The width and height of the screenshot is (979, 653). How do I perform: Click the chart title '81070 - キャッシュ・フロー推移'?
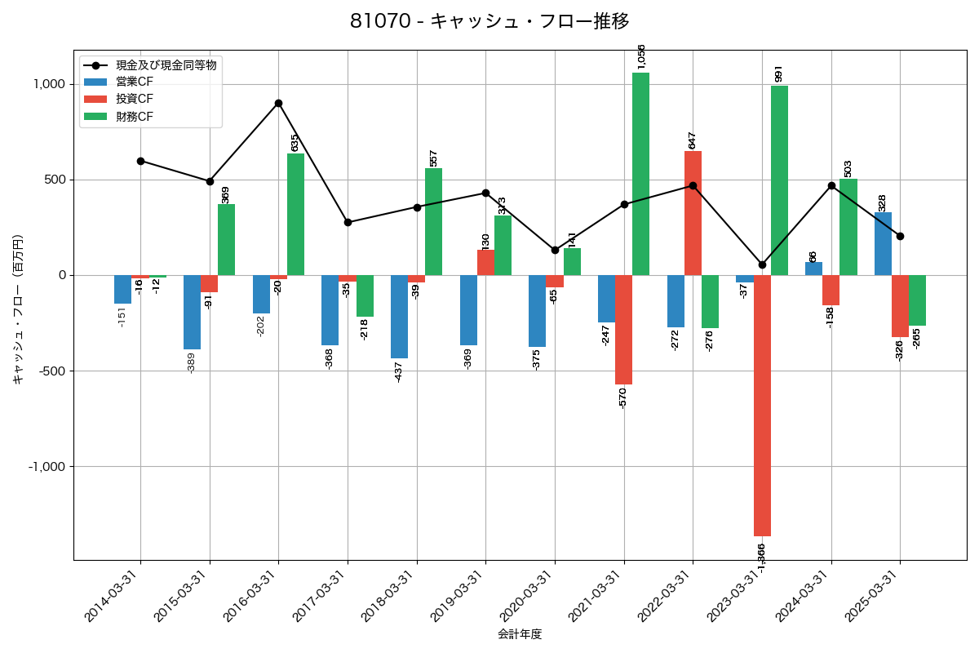click(489, 21)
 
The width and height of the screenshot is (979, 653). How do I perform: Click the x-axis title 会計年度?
click(520, 634)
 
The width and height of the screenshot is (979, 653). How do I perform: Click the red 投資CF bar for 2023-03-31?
click(762, 406)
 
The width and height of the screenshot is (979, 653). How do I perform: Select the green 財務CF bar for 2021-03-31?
click(640, 174)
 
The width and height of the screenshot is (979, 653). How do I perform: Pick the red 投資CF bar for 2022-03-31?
click(693, 213)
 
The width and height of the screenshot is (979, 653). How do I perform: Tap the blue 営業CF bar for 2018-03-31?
click(399, 317)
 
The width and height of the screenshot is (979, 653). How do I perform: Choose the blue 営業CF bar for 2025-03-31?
click(883, 243)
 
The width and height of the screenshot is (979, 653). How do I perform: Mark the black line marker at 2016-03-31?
click(279, 103)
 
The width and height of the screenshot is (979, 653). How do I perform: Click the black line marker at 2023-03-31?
click(762, 264)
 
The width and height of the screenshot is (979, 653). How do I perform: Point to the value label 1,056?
click(641, 56)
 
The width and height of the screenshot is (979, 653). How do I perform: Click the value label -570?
click(622, 398)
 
